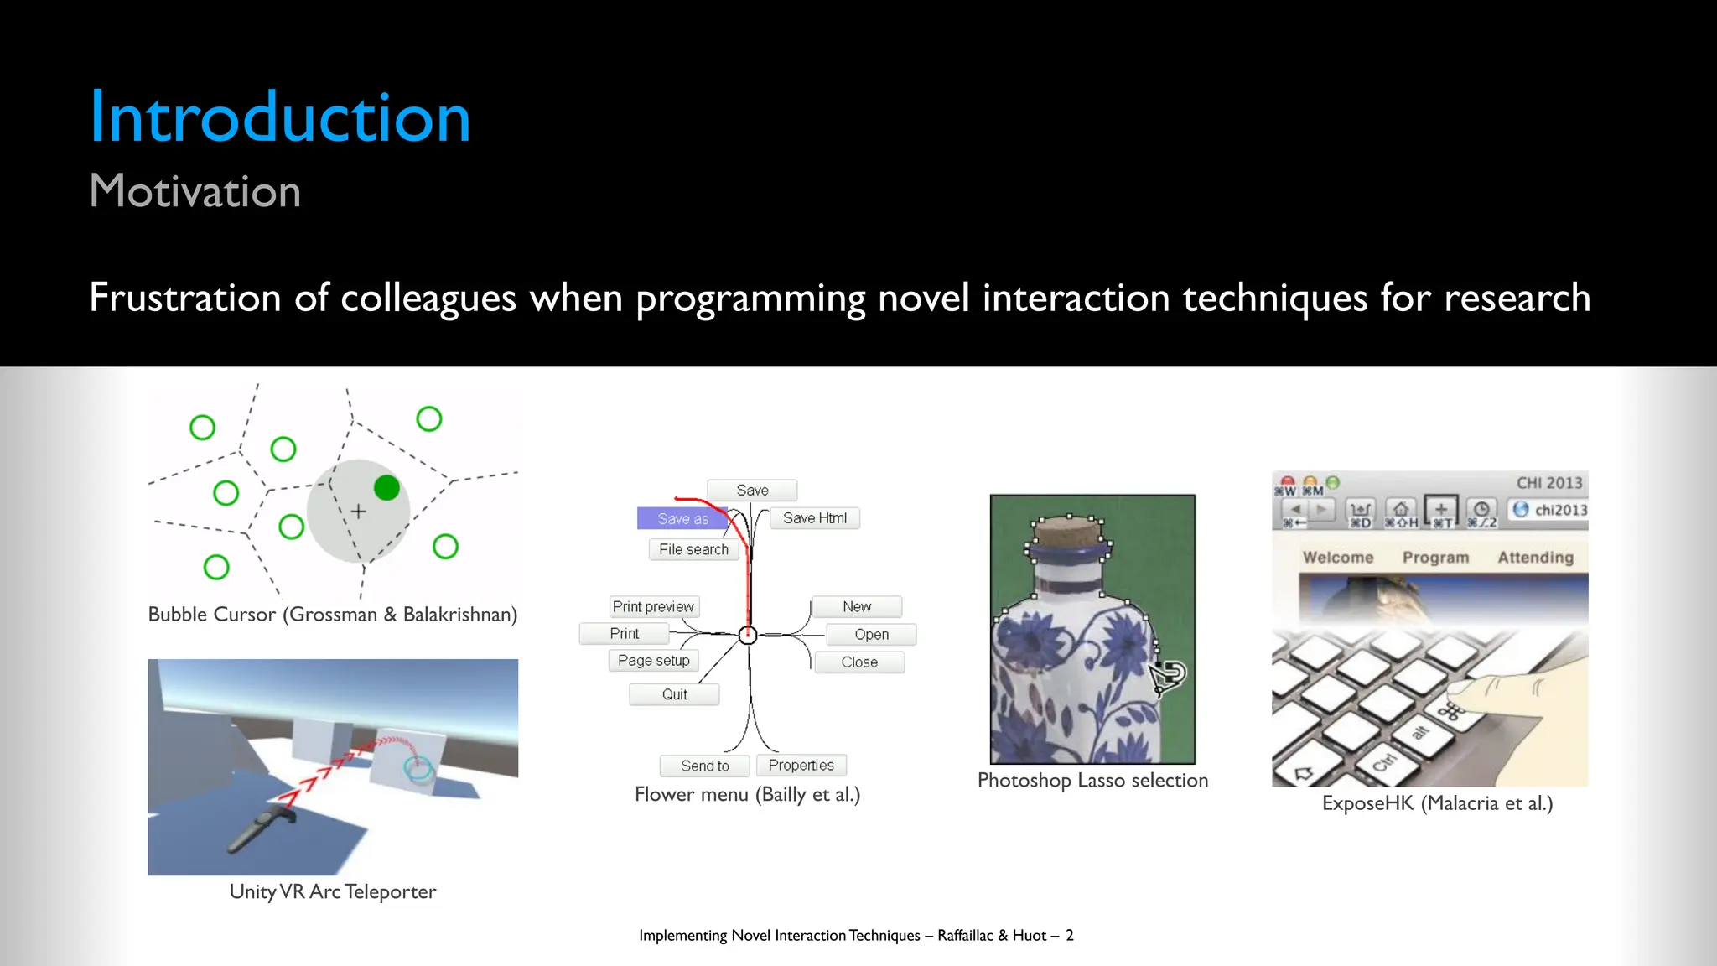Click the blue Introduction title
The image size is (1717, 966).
tap(280, 117)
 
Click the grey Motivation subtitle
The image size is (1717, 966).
tap(195, 191)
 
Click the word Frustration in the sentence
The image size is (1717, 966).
tap(184, 299)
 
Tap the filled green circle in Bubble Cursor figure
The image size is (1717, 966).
tap(386, 488)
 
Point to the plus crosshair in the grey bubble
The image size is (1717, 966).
tap(359, 512)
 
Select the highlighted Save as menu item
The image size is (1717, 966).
tap(682, 519)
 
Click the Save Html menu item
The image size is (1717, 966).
tap(814, 518)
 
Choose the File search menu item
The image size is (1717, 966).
tap(693, 549)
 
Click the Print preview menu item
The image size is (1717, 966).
tap(653, 606)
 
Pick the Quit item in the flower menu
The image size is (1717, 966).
tap(674, 694)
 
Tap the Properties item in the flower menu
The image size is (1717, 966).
tap(801, 765)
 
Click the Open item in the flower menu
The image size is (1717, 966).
tap(871, 635)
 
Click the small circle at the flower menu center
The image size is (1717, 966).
tap(748, 636)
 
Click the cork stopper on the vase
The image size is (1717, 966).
tap(1068, 532)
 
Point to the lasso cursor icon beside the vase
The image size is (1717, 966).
tap(1167, 676)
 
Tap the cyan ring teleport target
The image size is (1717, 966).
tap(418, 766)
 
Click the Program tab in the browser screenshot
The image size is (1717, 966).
tap(1435, 558)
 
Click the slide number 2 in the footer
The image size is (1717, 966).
tap(1070, 936)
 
